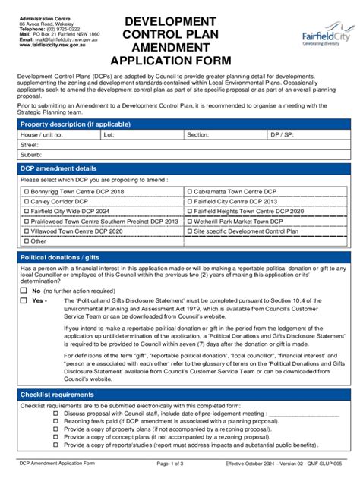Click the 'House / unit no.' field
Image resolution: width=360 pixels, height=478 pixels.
click(x=58, y=134)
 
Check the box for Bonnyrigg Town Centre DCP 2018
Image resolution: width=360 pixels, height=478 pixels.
click(x=26, y=193)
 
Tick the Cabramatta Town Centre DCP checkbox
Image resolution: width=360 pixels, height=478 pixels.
click(x=190, y=193)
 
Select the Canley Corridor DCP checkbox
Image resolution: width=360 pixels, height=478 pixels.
click(x=26, y=203)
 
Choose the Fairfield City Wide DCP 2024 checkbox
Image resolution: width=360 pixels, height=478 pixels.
click(x=26, y=212)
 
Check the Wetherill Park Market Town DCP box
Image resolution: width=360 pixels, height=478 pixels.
click(x=190, y=221)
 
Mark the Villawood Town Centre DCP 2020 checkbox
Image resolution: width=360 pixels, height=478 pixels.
click(x=26, y=231)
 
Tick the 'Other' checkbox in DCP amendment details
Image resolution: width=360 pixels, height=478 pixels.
click(x=26, y=241)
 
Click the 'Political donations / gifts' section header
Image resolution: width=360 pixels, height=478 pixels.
click(x=59, y=258)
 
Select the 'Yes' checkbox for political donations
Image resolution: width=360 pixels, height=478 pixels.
click(x=24, y=300)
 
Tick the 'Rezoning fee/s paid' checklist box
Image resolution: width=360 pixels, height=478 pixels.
click(x=55, y=420)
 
